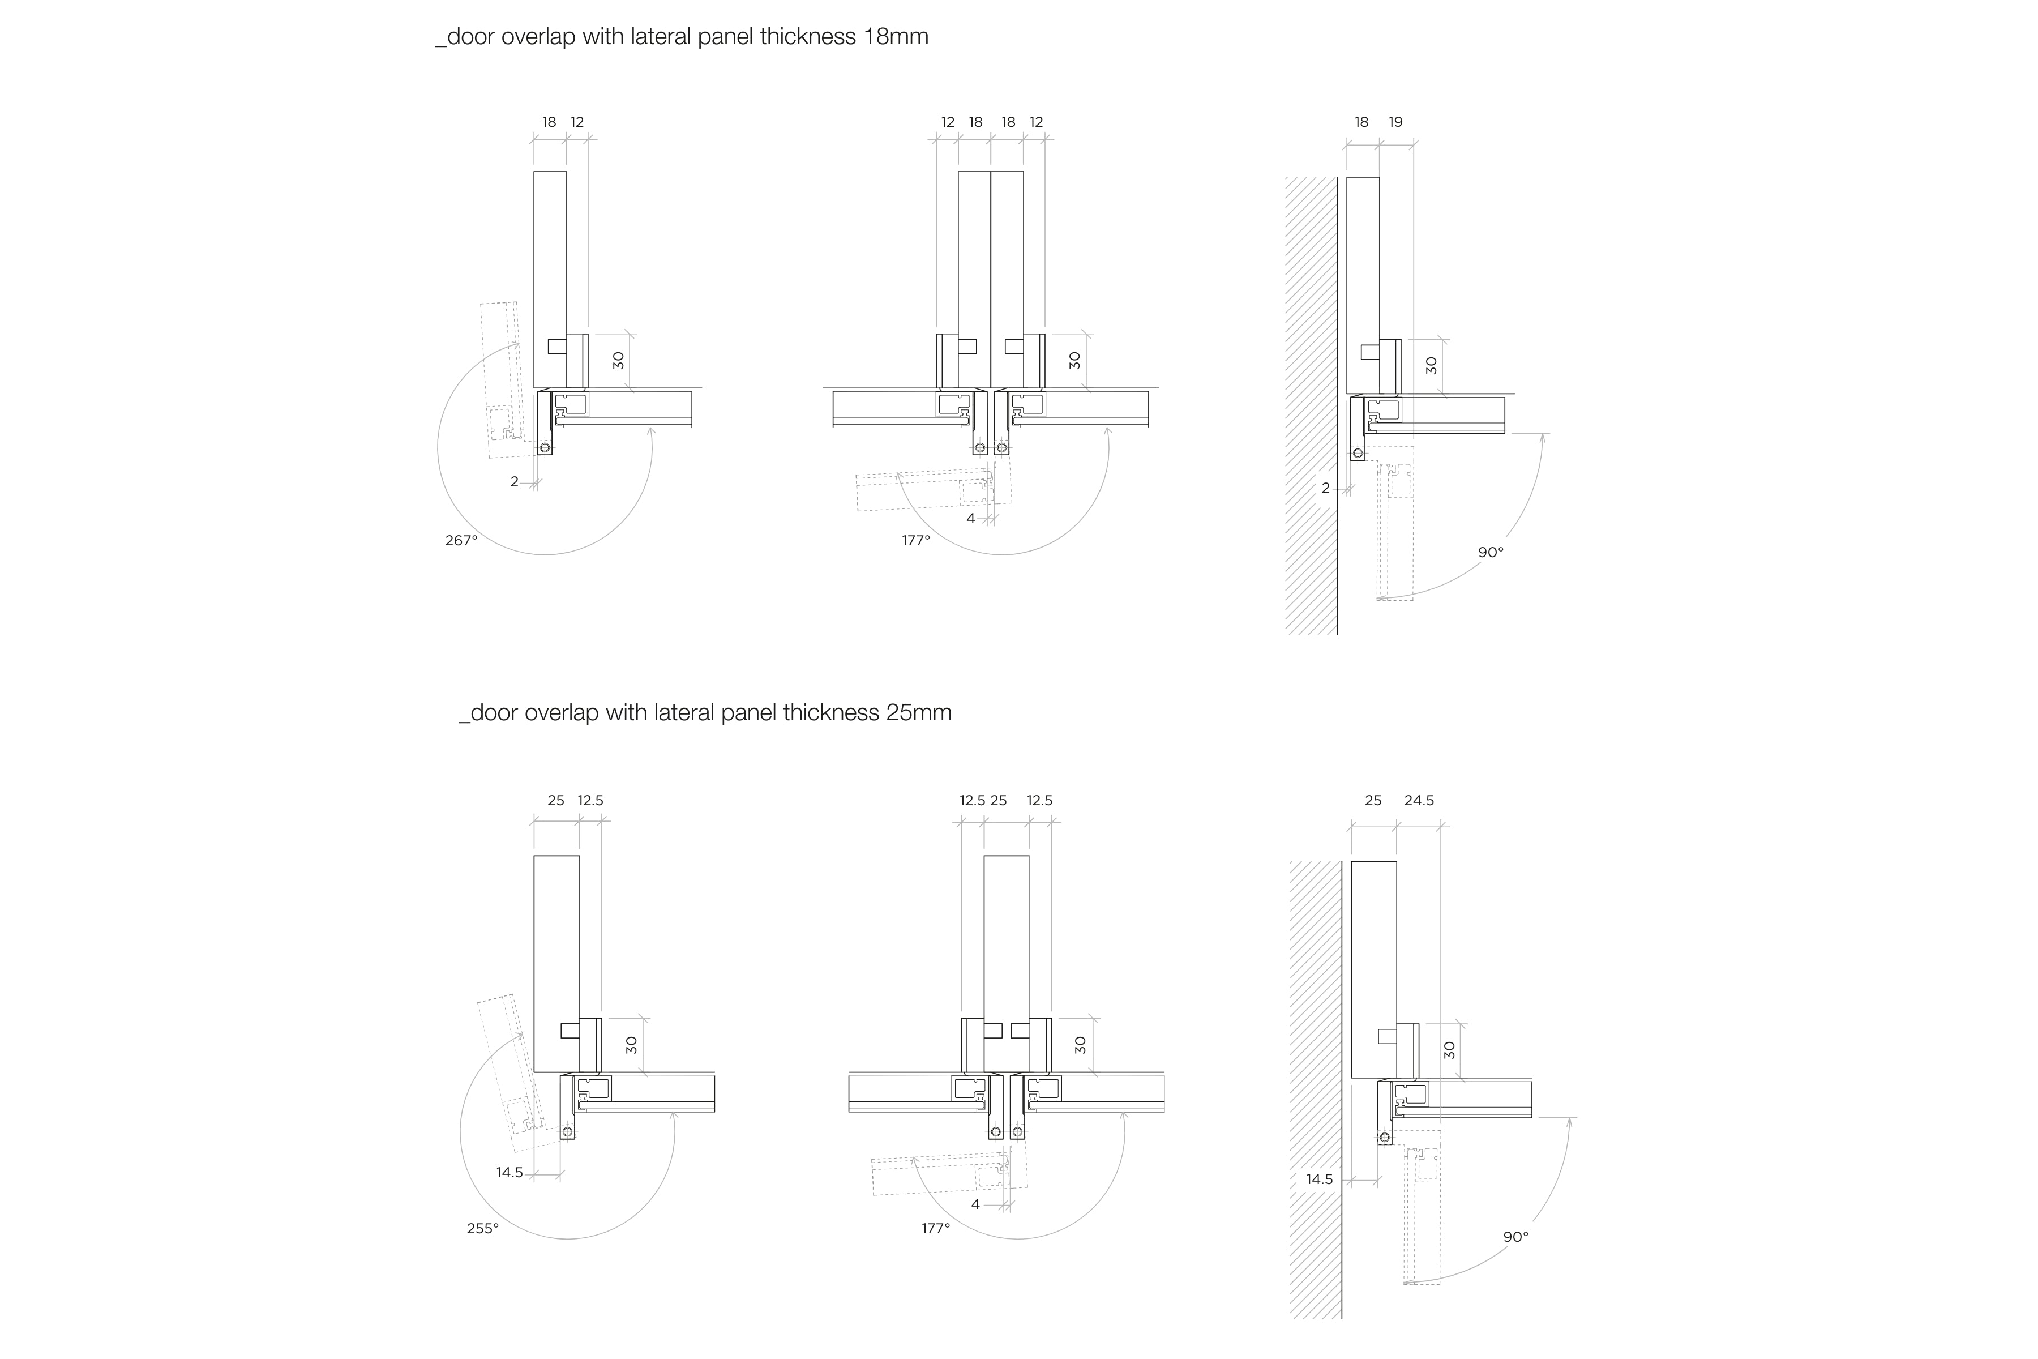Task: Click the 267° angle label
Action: [461, 541]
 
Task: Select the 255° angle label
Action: [483, 1228]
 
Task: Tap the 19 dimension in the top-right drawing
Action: [1395, 122]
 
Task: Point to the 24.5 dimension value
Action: [1419, 801]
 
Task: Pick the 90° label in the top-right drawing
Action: [1491, 552]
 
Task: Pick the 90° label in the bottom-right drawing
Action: [1515, 1237]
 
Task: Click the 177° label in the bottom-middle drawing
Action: [936, 1228]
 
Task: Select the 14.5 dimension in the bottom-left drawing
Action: [509, 1173]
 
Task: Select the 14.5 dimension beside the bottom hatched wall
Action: [1319, 1179]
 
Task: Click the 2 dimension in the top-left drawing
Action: [514, 482]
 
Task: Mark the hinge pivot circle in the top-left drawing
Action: [544, 447]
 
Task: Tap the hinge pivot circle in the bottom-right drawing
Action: [1385, 1137]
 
